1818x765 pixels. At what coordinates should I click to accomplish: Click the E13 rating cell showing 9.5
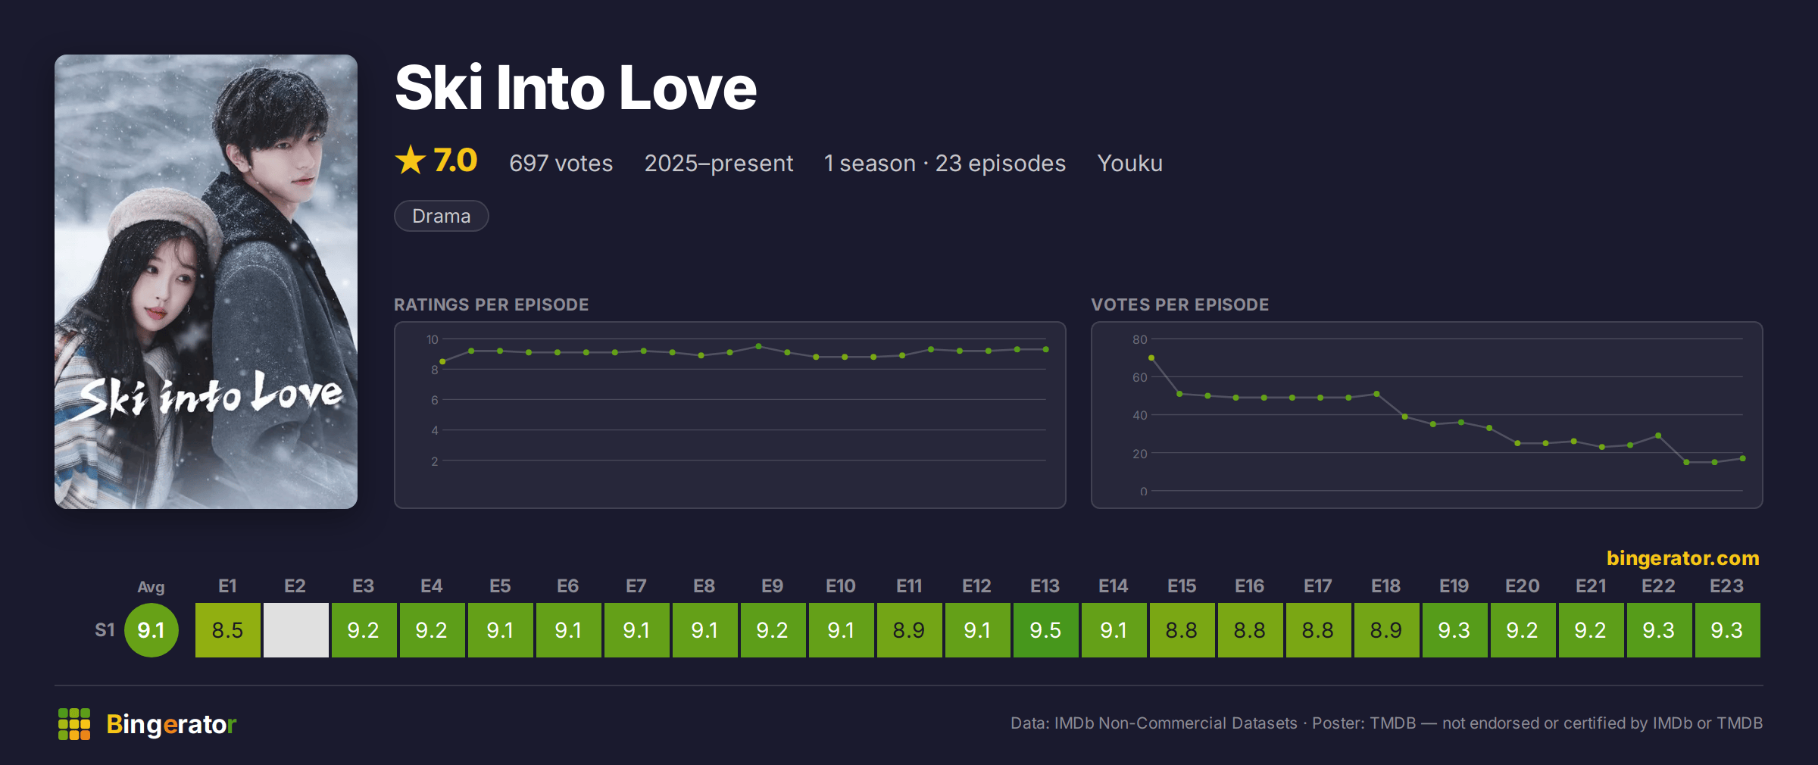pyautogui.click(x=1045, y=629)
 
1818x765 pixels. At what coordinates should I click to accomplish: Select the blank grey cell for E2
pyautogui.click(x=295, y=629)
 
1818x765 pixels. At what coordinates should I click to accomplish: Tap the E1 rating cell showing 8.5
pyautogui.click(x=227, y=629)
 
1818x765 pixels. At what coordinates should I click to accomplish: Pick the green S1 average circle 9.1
pyautogui.click(x=151, y=629)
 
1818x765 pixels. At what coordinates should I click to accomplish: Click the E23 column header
pyautogui.click(x=1726, y=586)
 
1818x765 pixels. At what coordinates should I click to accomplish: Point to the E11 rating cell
pyautogui.click(x=909, y=629)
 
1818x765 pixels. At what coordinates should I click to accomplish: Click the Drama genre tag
pyautogui.click(x=441, y=216)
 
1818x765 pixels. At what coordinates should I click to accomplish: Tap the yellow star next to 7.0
pyautogui.click(x=411, y=160)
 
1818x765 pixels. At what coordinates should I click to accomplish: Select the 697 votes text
pyautogui.click(x=561, y=163)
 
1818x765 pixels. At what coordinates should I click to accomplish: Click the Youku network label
pyautogui.click(x=1129, y=163)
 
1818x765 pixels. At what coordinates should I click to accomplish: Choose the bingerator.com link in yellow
pyautogui.click(x=1682, y=558)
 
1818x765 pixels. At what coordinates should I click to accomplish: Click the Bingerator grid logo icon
pyautogui.click(x=74, y=724)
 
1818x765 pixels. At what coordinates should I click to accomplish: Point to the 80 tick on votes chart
pyautogui.click(x=1139, y=339)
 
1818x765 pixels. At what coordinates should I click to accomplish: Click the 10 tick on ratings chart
pyautogui.click(x=432, y=339)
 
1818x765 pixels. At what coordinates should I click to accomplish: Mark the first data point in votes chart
pyautogui.click(x=1151, y=358)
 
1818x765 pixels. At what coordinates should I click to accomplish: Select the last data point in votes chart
pyautogui.click(x=1743, y=458)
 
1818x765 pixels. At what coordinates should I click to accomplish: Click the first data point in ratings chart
pyautogui.click(x=442, y=362)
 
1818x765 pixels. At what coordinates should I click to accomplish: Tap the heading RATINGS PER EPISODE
pyautogui.click(x=491, y=304)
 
